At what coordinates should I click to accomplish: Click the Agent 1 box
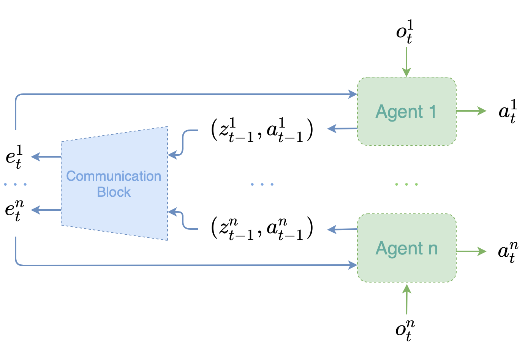[406, 111]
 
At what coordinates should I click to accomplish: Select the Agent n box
[406, 248]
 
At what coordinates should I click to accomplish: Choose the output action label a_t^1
[508, 111]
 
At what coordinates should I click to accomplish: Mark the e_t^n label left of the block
[14, 210]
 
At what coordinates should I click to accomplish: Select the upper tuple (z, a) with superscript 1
[262, 130]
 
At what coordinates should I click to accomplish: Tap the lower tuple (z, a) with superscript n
[262, 228]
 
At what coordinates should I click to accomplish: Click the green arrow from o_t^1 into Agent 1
[406, 61]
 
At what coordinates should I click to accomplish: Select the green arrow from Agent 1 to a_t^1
[471, 111]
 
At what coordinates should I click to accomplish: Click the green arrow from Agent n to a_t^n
[471, 251]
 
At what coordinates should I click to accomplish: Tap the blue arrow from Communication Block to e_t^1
[46, 157]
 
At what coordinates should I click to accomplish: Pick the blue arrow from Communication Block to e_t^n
[46, 210]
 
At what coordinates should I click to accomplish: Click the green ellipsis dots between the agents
[406, 184]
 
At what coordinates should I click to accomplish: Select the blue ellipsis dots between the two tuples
[262, 184]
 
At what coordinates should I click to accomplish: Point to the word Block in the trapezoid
[114, 192]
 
